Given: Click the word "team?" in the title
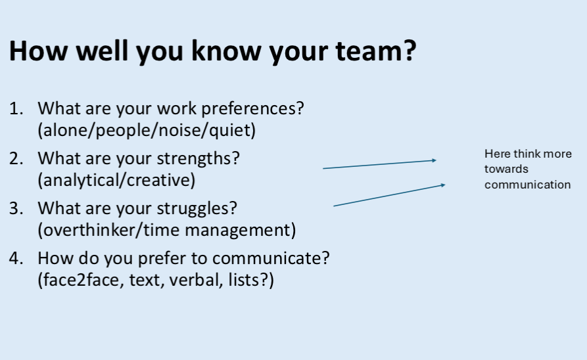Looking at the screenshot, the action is tap(375, 51).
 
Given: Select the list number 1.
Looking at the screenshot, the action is tap(16, 109).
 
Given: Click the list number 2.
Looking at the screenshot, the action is tap(16, 159).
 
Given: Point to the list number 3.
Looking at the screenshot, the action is tap(16, 208).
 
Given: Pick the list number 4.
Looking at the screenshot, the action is tap(16, 258).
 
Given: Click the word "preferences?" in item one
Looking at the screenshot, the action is tap(252, 109).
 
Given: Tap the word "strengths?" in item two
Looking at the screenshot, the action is tap(198, 159).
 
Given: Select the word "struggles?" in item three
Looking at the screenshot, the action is tap(197, 209).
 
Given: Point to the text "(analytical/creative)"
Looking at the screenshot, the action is tap(116, 181).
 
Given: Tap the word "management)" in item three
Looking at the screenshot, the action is tap(241, 231).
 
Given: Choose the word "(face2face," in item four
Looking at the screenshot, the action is tap(82, 281).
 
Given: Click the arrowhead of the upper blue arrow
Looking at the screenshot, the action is tap(434, 160).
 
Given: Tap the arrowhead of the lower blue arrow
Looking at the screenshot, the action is tap(443, 185).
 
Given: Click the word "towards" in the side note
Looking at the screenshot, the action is tap(506, 169).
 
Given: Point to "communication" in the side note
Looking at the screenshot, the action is tap(527, 185).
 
